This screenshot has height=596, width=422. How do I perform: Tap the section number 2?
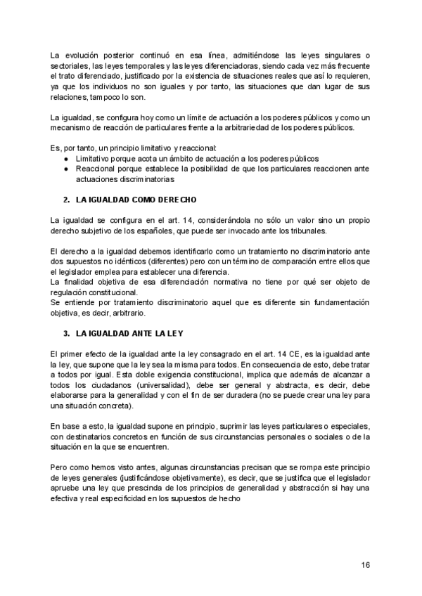click(x=67, y=200)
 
